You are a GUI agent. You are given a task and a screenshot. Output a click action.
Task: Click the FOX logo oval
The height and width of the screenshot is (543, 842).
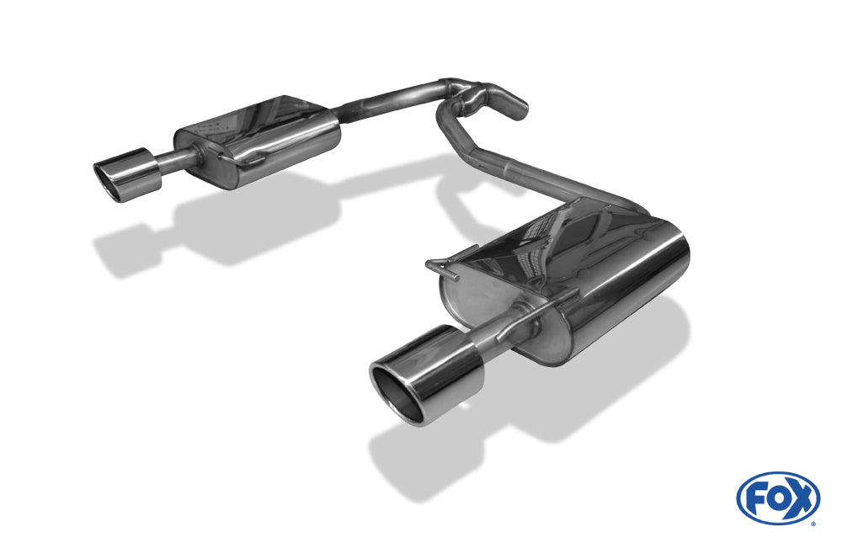[x=777, y=498]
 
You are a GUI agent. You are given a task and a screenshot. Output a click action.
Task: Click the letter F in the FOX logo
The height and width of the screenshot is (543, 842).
[x=755, y=498]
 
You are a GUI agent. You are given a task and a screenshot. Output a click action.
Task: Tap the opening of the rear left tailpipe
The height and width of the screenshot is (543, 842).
[x=109, y=173]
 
